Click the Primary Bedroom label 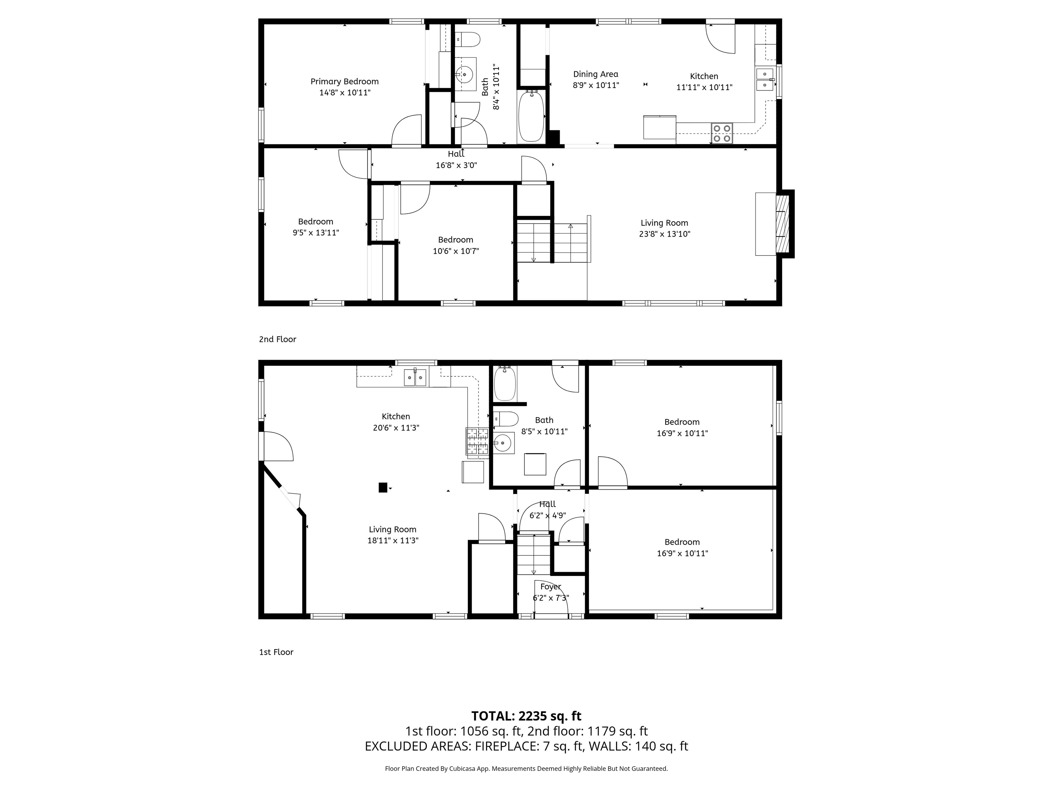(344, 81)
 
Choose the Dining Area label (595, 74)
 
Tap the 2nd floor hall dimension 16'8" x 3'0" (456, 165)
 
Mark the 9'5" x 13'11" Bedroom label (316, 222)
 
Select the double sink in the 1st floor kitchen (415, 377)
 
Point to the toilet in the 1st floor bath (506, 419)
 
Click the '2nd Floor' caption (278, 339)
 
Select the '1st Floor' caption (276, 652)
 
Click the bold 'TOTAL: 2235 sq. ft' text (526, 716)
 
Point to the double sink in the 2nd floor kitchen (764, 79)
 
